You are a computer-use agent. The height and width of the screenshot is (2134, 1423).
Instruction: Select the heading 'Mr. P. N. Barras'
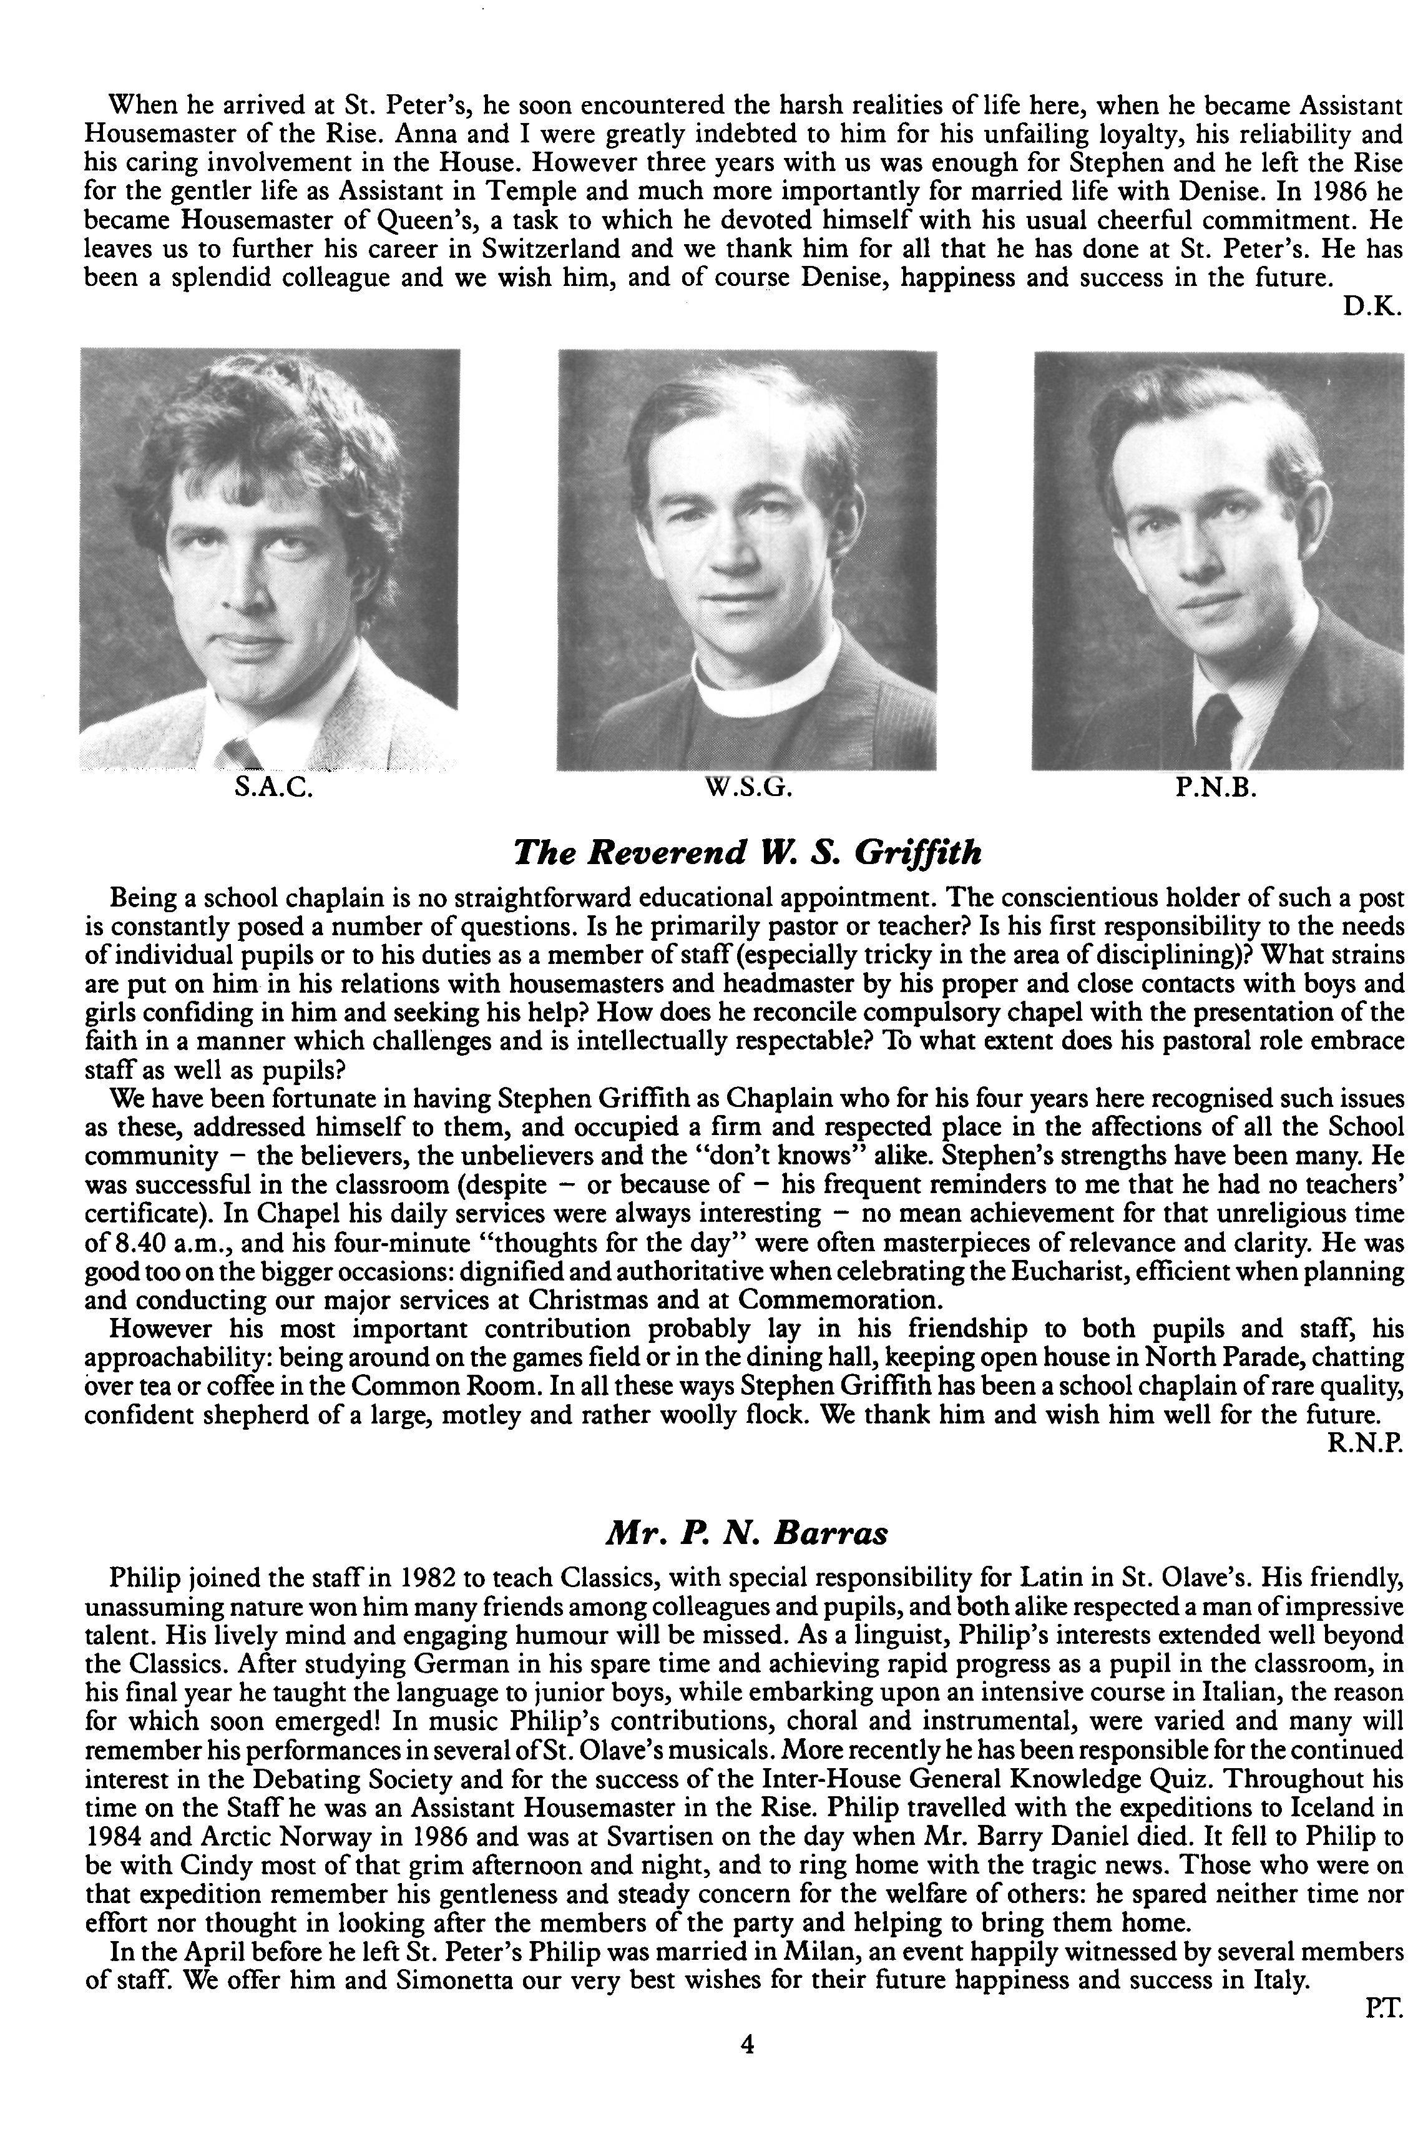tap(746, 1534)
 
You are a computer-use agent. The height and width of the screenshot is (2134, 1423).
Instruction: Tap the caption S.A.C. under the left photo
tap(273, 788)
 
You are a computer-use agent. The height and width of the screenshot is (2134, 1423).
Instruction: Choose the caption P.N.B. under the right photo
tap(1216, 788)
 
